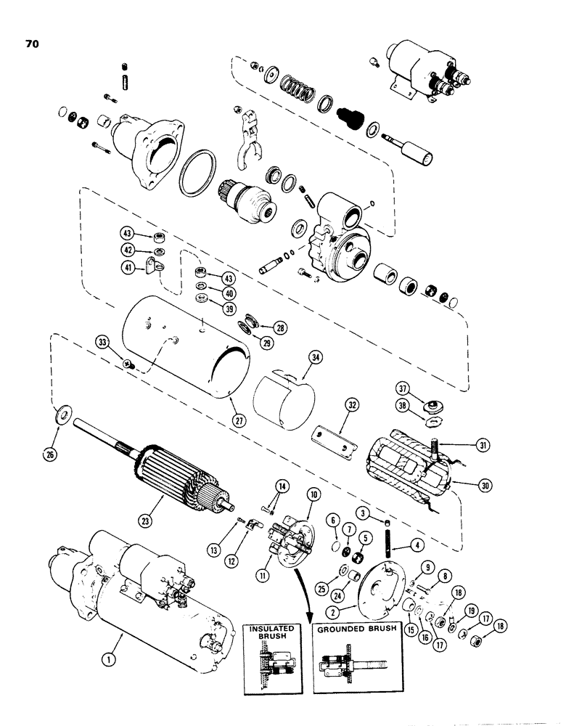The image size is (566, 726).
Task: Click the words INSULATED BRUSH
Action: coord(269,633)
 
